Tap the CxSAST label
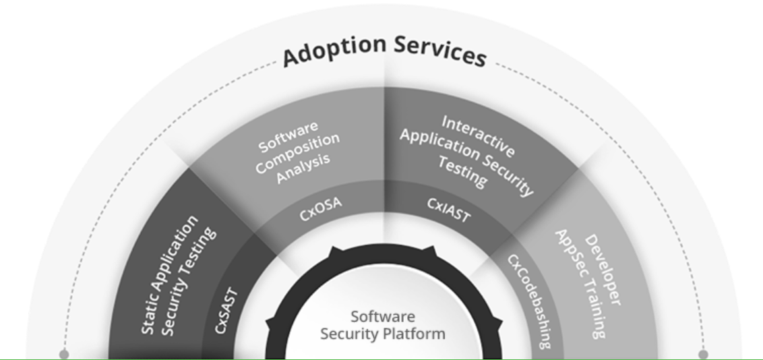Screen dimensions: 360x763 227,309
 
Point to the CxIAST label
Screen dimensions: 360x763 448,209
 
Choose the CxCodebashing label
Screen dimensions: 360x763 529,301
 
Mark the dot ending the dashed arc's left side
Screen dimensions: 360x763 63,354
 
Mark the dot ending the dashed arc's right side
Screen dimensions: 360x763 703,354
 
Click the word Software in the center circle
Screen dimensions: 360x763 383,317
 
